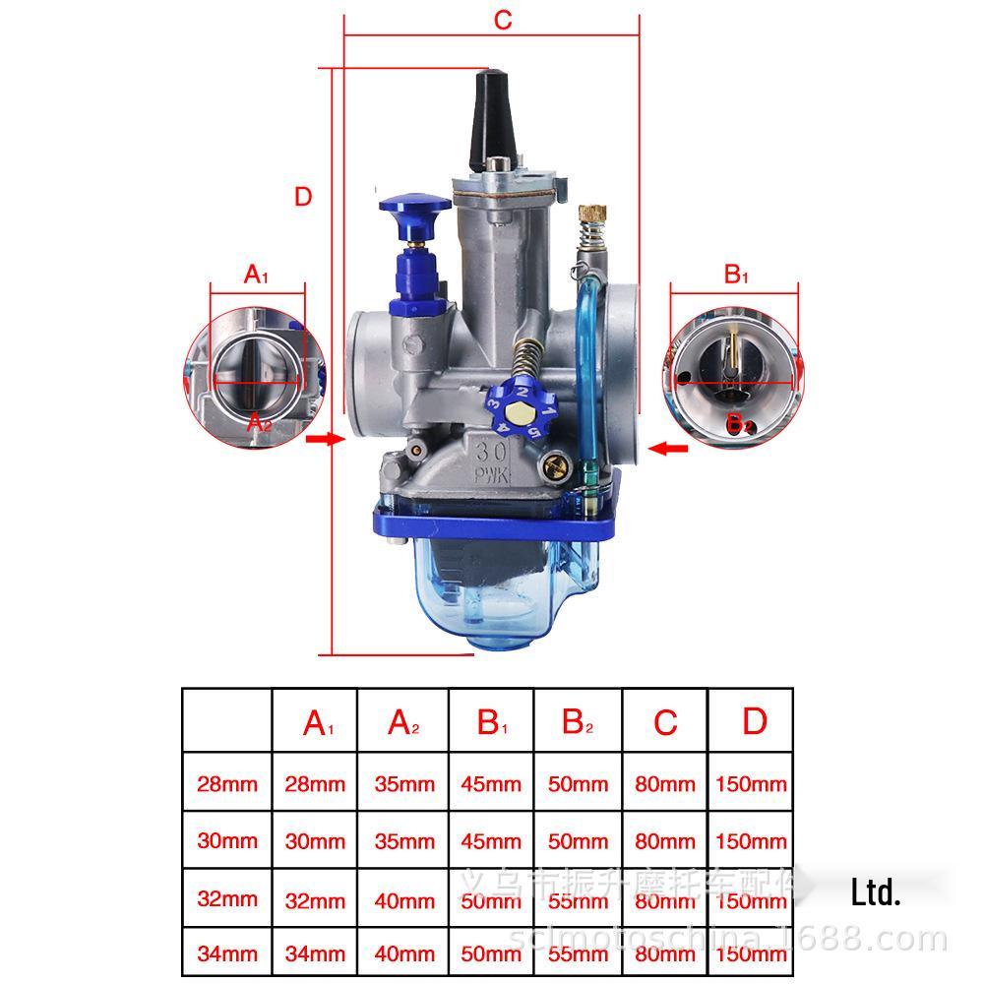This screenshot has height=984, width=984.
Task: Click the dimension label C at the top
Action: (503, 21)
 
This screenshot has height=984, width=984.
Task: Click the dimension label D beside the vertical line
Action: (303, 196)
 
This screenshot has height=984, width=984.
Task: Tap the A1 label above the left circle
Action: (256, 275)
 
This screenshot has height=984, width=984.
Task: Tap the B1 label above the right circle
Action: (736, 275)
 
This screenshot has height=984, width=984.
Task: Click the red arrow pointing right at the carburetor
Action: (321, 440)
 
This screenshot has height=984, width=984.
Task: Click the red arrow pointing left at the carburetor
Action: (673, 449)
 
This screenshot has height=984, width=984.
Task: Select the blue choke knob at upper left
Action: (413, 210)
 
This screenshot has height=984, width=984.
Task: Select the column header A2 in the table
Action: (403, 723)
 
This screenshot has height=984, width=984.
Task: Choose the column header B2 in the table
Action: (578, 723)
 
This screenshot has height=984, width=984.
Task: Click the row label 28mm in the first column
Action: (227, 784)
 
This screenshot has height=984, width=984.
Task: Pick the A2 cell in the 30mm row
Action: (403, 841)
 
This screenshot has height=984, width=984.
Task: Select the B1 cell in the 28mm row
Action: (491, 784)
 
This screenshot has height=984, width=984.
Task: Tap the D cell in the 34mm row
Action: (751, 953)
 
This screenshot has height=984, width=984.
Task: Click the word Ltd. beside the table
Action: (876, 893)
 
